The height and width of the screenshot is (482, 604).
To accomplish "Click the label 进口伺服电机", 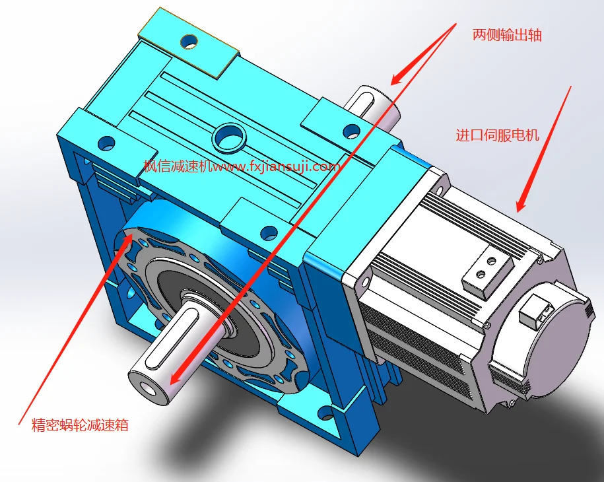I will pos(498,136).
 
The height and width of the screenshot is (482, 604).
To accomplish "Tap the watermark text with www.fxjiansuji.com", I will pos(242,166).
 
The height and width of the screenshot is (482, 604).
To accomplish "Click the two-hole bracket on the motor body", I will pos(487,269).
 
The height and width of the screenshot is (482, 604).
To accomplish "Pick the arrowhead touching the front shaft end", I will pos(172,377).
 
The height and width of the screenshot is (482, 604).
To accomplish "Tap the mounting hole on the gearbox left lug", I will pos(106,142).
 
